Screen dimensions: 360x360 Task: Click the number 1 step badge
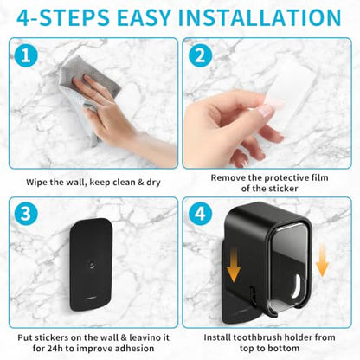26,55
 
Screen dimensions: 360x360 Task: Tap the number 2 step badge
201,55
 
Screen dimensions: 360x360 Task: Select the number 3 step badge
26,214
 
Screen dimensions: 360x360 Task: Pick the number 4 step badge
201,214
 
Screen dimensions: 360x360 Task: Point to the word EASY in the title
144,17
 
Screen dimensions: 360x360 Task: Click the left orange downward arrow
234,264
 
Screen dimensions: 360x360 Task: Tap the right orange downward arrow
322,260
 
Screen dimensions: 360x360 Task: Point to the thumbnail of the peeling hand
266,111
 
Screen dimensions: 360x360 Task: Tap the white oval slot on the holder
296,286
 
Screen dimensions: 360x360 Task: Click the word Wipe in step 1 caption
36,183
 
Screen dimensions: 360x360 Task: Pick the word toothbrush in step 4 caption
254,337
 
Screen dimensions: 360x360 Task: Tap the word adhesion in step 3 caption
134,348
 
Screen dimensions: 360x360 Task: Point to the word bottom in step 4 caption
284,348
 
